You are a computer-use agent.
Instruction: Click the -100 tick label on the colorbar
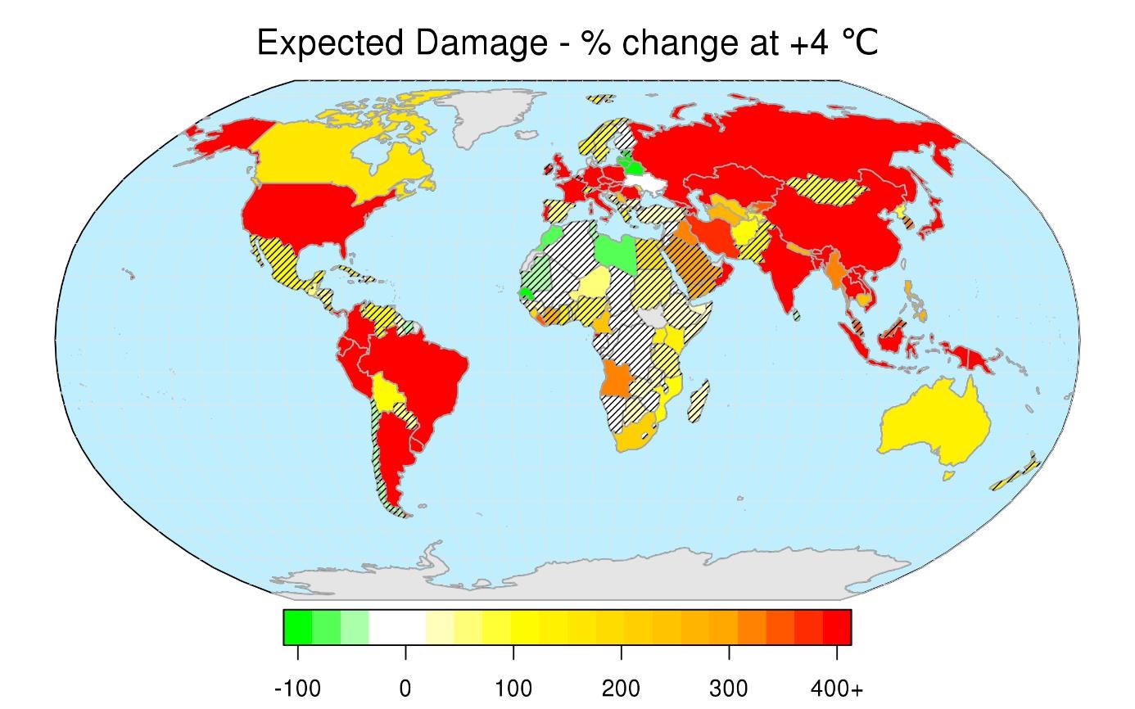tap(297, 689)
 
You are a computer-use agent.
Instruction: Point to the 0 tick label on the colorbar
tap(405, 689)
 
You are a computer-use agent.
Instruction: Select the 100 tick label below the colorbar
tap(513, 689)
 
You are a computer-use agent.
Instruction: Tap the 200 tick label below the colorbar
tap(622, 689)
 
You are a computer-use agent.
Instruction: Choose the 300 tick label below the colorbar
tap(730, 689)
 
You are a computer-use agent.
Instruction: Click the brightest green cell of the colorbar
tap(297, 628)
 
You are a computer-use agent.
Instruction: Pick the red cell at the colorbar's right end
tap(837, 628)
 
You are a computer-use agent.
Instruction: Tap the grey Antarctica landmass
tap(590, 577)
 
